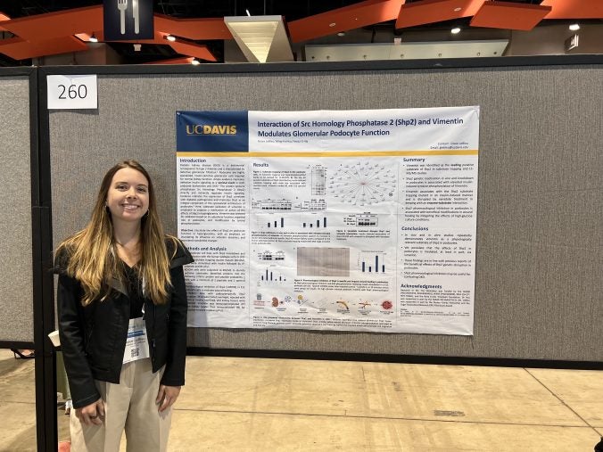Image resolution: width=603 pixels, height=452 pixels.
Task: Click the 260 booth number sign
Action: [71, 91]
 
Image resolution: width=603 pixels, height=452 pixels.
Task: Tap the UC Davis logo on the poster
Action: [211, 129]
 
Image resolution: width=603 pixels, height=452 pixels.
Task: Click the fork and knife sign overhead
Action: [128, 17]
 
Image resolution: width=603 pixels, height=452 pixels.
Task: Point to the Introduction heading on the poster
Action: [194, 160]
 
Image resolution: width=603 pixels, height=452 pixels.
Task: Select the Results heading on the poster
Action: [260, 165]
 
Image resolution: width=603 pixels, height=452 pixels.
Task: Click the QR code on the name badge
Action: [136, 350]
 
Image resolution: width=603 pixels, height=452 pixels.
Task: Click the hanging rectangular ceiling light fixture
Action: [258, 36]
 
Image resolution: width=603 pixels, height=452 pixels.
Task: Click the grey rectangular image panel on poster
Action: [323, 260]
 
